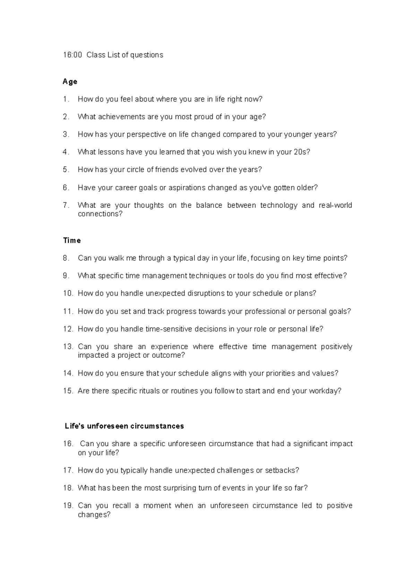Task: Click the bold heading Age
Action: coord(70,81)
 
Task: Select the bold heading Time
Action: coord(72,240)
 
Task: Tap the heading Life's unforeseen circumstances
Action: coord(124,426)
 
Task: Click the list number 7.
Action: coord(66,205)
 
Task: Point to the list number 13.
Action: coord(68,347)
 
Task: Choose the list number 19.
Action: coord(68,505)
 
